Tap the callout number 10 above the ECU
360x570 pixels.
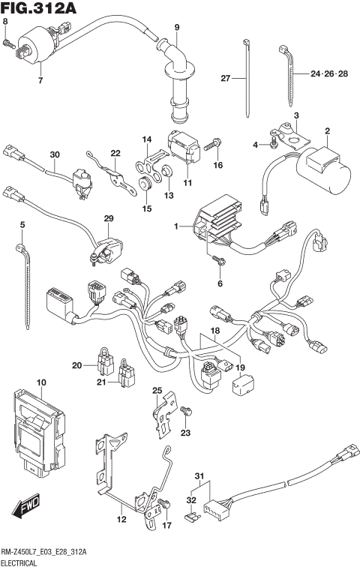(41, 382)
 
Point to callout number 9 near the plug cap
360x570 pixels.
(177, 28)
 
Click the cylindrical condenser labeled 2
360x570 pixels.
(327, 169)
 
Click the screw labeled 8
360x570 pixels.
(10, 44)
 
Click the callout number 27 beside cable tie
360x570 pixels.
(224, 78)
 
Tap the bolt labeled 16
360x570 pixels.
(215, 142)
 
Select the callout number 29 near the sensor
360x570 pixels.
(108, 218)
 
